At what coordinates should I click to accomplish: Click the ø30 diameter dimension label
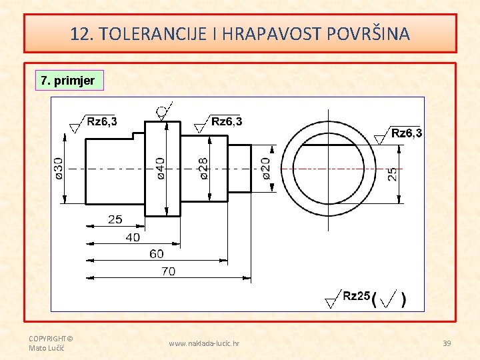[x=59, y=168]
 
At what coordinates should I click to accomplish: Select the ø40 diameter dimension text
[x=160, y=168]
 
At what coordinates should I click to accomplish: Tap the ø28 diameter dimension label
[x=203, y=168]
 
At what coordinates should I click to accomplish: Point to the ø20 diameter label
[x=266, y=168]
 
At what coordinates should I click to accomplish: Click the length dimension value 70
[x=169, y=271]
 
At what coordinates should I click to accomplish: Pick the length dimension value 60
[x=157, y=254]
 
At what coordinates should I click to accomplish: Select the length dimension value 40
[x=133, y=237]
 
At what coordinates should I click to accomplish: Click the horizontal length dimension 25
[x=115, y=219]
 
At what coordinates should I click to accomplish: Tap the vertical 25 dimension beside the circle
[x=393, y=174]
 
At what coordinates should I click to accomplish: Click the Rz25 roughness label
[x=356, y=296]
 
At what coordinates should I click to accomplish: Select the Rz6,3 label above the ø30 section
[x=102, y=121]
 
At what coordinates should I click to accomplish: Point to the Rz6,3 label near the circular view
[x=406, y=133]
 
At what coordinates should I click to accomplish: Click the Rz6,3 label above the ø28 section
[x=227, y=121]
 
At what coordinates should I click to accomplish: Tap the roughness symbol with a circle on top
[x=163, y=111]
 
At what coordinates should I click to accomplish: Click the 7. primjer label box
[x=68, y=81]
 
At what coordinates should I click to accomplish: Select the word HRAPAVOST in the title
[x=277, y=34]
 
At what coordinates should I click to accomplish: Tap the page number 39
[x=447, y=343]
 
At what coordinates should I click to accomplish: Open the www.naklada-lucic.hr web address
[x=205, y=343]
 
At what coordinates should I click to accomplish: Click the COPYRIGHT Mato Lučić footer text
[x=51, y=343]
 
